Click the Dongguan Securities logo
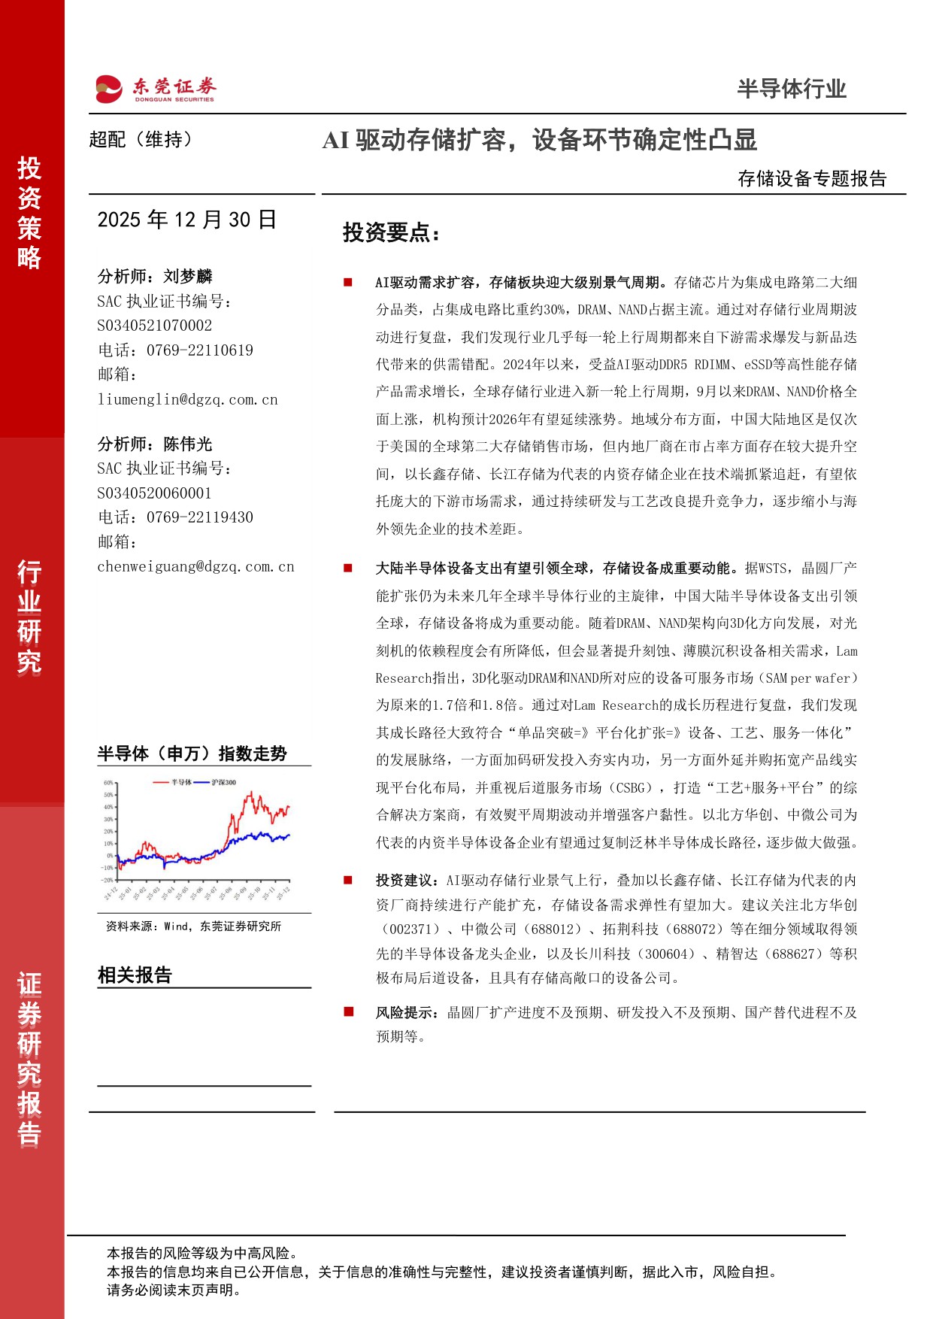pyautogui.click(x=156, y=89)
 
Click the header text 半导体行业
pyautogui.click(x=791, y=89)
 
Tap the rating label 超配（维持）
pyautogui.click(x=141, y=140)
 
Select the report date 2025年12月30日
pyautogui.click(x=187, y=220)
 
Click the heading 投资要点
pyautogui.click(x=390, y=232)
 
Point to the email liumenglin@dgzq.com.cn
pyautogui.click(x=187, y=399)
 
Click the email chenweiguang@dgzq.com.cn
pyautogui.click(x=195, y=566)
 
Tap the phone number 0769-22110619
pyautogui.click(x=200, y=350)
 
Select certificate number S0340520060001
pyautogui.click(x=154, y=493)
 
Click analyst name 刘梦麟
pyautogui.click(x=188, y=277)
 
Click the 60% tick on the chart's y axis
pyautogui.click(x=109, y=783)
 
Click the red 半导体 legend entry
pyautogui.click(x=180, y=782)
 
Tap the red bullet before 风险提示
pyautogui.click(x=348, y=1012)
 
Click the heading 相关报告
pyautogui.click(x=135, y=975)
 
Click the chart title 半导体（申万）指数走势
pyautogui.click(x=192, y=753)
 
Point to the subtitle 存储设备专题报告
pyautogui.click(x=812, y=178)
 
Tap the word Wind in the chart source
pyautogui.click(x=177, y=926)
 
